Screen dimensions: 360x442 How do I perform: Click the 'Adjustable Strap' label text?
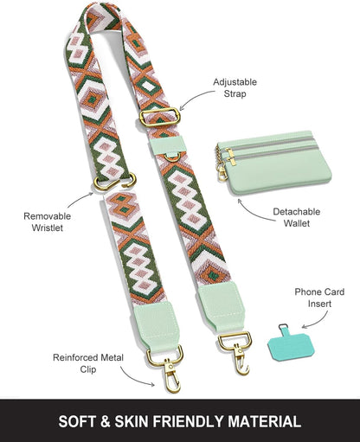coord(235,88)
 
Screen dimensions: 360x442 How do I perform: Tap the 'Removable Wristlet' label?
coord(48,222)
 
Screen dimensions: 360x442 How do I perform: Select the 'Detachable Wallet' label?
coord(297,217)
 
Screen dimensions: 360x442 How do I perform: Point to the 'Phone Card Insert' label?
coord(319,298)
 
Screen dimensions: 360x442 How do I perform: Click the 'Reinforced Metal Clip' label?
coord(88,363)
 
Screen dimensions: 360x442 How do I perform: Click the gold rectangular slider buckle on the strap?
coord(160,117)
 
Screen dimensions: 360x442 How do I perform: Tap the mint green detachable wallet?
coord(274,162)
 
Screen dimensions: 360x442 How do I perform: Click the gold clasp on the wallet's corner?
coord(222,172)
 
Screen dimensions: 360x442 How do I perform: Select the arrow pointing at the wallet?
coord(254,214)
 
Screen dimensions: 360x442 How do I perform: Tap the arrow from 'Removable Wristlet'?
coord(79,199)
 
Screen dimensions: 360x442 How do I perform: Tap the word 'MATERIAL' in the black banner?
coord(265,421)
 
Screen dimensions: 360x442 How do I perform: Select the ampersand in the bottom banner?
coord(106,422)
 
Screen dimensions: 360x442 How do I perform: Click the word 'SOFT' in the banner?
coord(77,421)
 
